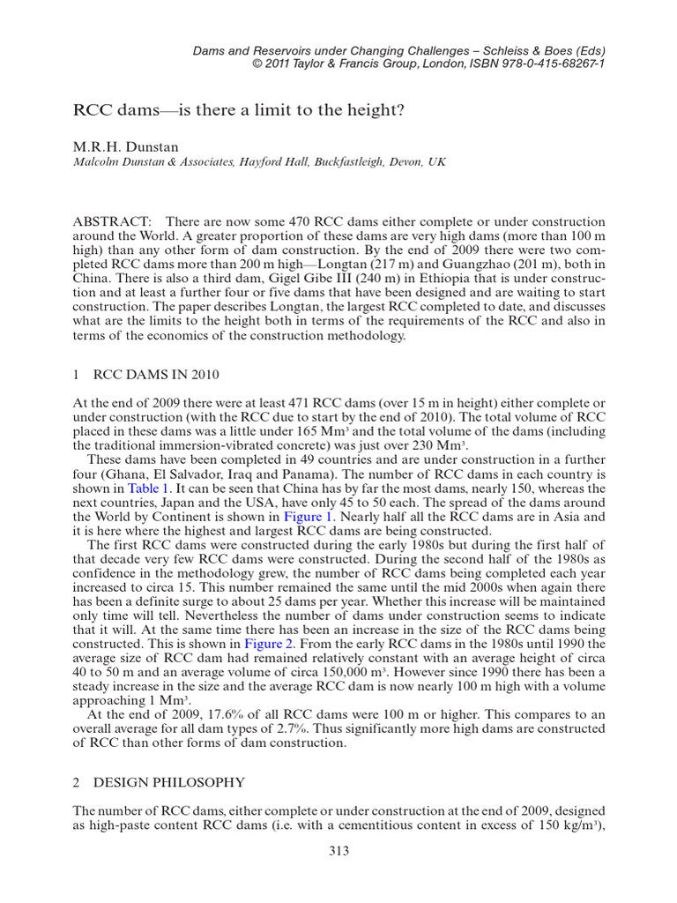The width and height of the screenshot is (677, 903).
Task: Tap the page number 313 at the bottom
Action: [x=338, y=850]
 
